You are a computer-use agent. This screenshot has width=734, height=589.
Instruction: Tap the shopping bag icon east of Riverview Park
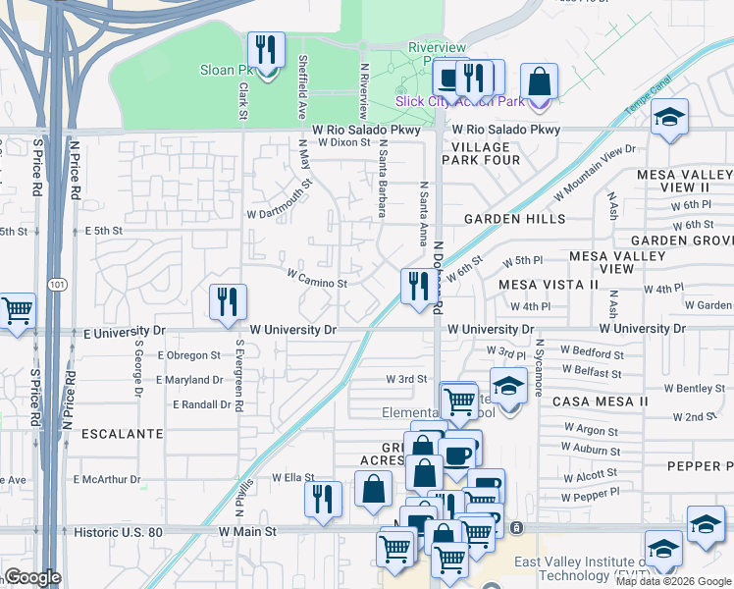coord(539,81)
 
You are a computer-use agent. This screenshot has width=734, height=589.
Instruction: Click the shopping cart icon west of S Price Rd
coord(18,312)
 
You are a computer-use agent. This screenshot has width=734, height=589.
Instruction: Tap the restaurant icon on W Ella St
coord(321,498)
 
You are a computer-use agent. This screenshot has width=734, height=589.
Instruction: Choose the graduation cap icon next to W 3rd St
coord(507,387)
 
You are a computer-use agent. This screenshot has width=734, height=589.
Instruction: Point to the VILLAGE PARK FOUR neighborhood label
coord(481,153)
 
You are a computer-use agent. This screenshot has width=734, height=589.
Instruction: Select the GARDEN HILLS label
coord(514,219)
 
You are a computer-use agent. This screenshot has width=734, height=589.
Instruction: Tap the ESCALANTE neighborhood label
coord(122,433)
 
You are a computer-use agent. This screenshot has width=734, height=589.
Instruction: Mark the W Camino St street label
coord(316,283)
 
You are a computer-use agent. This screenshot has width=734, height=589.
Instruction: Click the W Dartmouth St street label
coord(280,198)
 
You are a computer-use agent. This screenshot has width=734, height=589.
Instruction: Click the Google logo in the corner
coord(33,577)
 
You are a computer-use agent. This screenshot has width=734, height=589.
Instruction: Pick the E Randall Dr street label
coord(203,404)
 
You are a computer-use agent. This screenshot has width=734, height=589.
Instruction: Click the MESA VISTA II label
coord(548,285)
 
